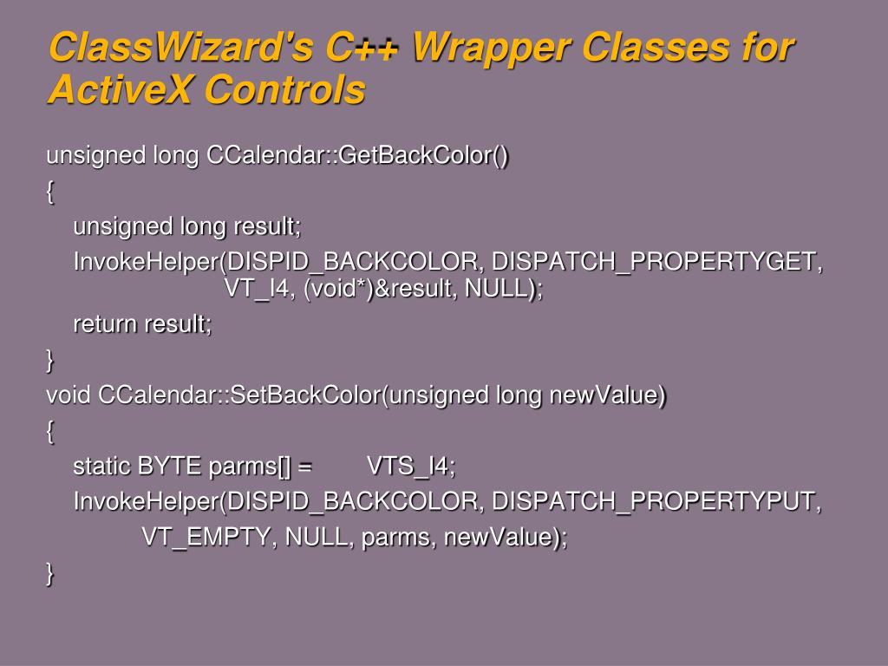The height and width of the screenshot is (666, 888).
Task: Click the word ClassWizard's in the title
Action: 181,47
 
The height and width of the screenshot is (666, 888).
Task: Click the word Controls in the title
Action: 284,89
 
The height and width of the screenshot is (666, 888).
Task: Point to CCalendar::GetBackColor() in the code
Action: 357,154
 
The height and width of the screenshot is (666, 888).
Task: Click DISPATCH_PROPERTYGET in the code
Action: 657,262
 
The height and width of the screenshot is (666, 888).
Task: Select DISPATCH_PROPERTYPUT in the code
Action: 656,502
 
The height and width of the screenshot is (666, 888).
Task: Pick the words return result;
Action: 143,324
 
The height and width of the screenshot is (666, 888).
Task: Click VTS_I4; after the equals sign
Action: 411,467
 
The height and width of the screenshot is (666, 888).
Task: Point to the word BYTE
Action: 169,467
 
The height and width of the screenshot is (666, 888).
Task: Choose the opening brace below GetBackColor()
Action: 50,192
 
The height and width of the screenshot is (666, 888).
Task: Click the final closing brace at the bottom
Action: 50,573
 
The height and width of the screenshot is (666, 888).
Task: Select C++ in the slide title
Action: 362,47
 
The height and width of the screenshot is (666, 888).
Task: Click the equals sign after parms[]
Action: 304,467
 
